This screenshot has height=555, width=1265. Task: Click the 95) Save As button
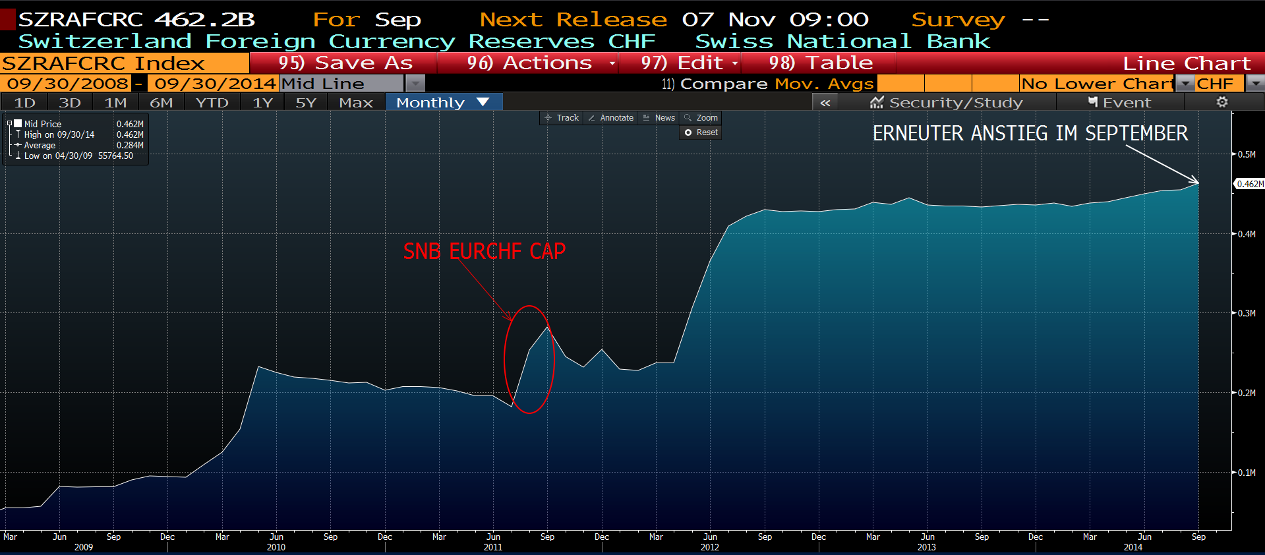344,63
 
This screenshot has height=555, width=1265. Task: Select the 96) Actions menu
529,63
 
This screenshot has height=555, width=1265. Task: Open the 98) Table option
820,63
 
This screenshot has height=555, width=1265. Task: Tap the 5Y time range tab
306,103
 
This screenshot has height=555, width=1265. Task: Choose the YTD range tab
212,103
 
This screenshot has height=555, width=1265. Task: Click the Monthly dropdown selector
443,103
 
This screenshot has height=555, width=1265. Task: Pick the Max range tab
356,103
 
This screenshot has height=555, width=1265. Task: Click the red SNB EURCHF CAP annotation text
485,251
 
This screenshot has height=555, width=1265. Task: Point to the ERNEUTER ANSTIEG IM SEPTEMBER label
1030,133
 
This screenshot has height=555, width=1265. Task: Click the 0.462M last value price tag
1249,184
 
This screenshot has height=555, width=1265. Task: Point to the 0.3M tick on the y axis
1246,313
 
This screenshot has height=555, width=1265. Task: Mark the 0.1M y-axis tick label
1246,473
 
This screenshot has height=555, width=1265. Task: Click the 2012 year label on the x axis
710,547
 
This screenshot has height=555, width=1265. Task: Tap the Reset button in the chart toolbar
701,132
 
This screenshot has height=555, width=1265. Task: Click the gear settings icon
1222,102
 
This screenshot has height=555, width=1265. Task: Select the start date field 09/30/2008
67,84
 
